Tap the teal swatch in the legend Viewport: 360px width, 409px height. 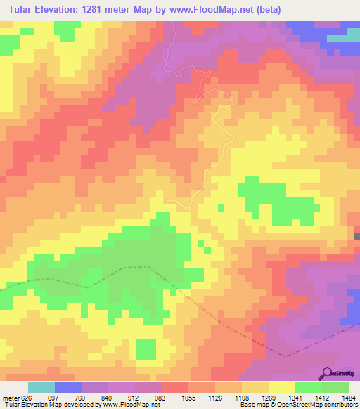[x=41, y=387]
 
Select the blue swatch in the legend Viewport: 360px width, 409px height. [x=67, y=387]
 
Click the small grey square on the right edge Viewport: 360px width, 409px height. [x=357, y=236]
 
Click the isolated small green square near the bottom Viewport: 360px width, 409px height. [x=146, y=349]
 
